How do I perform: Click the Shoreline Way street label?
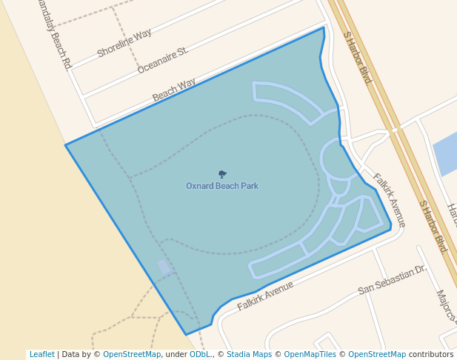point(124,43)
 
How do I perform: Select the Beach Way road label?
point(174,90)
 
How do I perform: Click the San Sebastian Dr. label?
point(392,279)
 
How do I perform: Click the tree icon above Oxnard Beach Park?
point(222,174)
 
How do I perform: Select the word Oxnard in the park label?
point(199,186)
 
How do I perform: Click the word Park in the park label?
point(249,186)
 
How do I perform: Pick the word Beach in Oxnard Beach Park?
point(226,186)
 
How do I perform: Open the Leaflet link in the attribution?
point(41,354)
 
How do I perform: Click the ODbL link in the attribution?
point(200,354)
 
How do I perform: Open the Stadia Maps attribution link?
point(249,354)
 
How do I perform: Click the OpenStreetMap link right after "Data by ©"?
point(132,354)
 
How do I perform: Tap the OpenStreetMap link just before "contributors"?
point(377,354)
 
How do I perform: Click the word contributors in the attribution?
point(431,354)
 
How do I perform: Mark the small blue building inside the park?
point(164,267)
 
